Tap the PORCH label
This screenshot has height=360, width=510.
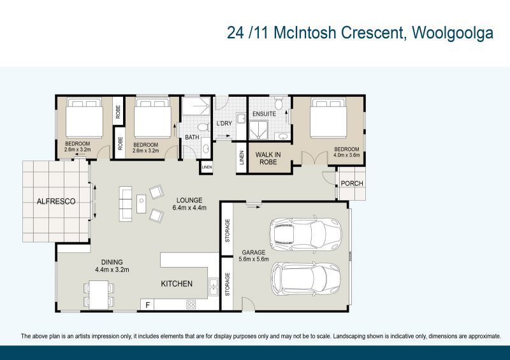352,184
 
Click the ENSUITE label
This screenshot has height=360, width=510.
264,114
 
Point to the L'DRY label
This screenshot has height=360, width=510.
224,124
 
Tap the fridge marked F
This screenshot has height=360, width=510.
148,305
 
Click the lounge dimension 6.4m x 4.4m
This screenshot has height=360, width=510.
189,208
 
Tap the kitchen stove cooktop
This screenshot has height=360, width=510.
190,305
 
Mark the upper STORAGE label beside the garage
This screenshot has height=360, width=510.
228,231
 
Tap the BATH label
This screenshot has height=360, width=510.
193,138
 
